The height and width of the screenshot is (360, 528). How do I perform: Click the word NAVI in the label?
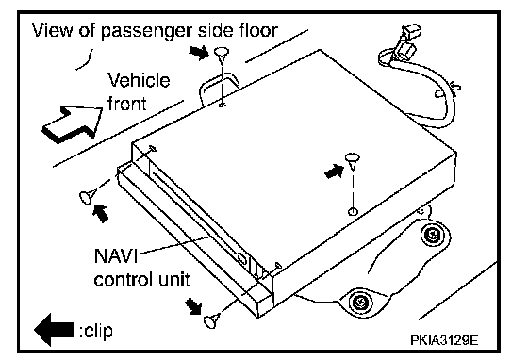pos(116,255)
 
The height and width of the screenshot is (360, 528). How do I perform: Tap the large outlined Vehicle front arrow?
pos(73,123)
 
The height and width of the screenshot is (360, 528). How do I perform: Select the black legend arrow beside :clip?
pos(54,330)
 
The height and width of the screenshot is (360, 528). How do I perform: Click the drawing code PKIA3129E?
pos(444,340)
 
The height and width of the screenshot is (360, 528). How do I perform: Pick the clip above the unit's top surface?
pos(353,160)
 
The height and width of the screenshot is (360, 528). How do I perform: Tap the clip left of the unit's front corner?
pos(87,196)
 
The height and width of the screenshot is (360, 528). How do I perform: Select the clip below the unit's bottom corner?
pos(212,320)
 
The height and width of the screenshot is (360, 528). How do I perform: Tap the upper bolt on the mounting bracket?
pos(432,234)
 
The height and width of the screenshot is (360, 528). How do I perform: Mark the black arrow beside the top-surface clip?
pos(335,171)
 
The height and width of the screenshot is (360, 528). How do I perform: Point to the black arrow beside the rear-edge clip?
pos(199,52)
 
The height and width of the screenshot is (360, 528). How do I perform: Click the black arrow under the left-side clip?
pos(101,213)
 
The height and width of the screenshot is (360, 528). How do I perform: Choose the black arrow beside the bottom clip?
pos(193,306)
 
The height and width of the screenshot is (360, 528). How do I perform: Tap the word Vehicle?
pos(139,80)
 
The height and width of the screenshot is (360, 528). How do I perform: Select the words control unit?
pos(141,279)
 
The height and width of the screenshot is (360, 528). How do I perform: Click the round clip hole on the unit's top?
pos(353,211)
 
